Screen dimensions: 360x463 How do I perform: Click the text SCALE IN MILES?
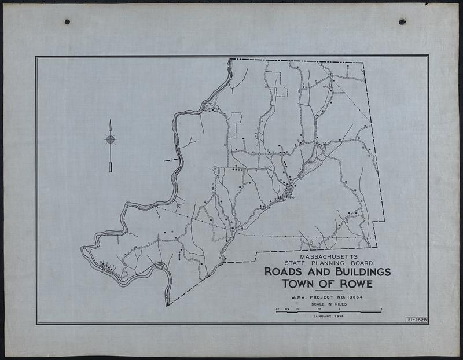coord(328,304)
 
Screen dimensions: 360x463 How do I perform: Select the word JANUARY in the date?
coord(322,316)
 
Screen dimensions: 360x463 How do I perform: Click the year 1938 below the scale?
coord(339,316)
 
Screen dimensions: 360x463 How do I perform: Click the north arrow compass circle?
coord(110,139)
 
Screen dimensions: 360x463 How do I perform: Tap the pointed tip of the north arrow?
coord(110,120)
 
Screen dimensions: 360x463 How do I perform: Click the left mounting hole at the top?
coord(67,22)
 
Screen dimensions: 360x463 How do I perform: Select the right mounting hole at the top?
coord(402,21)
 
